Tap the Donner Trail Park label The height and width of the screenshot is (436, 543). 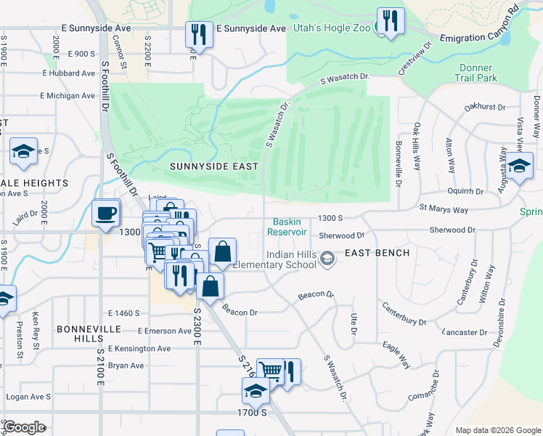point(477,73)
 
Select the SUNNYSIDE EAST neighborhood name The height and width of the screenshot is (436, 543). point(214,166)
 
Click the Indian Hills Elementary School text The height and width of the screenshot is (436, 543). point(290,259)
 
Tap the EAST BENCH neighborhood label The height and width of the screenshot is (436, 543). point(377,253)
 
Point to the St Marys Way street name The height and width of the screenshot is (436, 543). point(444,209)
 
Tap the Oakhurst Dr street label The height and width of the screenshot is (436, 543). point(484,107)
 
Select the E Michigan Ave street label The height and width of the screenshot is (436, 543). point(68,96)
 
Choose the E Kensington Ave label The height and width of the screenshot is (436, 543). point(139,349)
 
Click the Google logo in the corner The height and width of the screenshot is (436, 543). point(24,427)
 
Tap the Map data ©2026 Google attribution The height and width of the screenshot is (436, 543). point(497,430)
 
